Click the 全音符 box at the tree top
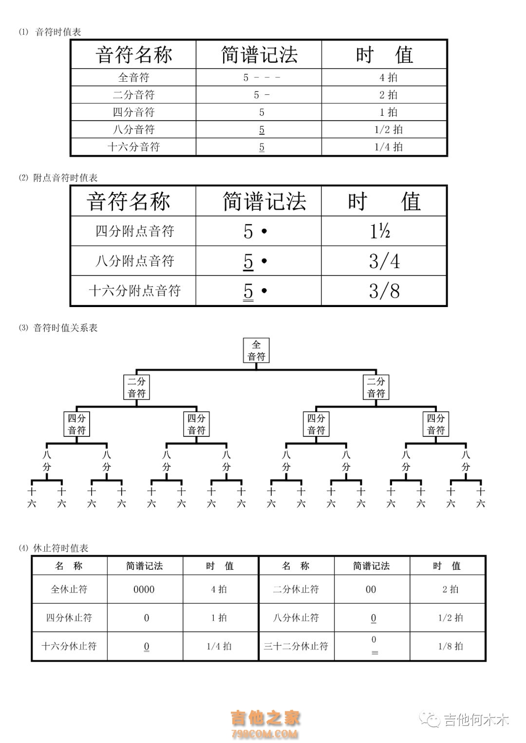256,350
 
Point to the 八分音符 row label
133,129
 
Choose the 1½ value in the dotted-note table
380,231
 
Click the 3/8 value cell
384,290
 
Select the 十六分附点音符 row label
134,290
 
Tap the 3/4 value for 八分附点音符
384,261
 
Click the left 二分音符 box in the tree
136,387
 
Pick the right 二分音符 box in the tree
376,387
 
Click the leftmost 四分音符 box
77,424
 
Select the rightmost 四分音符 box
436,424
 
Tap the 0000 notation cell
144,589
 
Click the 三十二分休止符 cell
296,646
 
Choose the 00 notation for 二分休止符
371,589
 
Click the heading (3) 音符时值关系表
58,328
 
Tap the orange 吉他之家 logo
265,724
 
